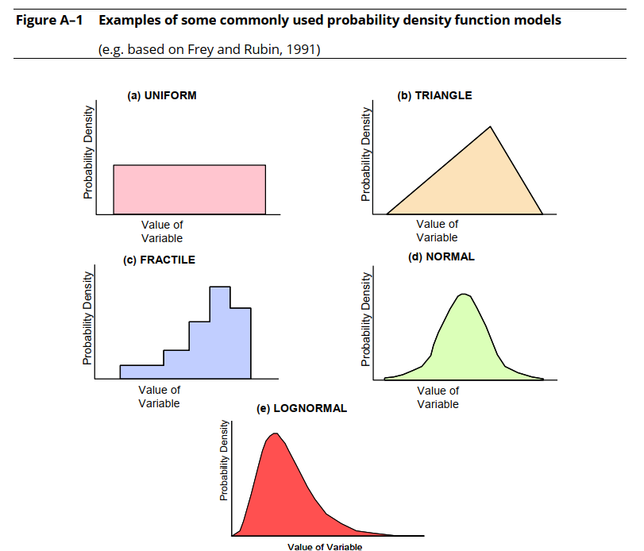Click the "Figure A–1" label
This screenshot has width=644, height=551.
point(49,20)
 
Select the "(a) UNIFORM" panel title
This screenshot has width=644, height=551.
point(162,95)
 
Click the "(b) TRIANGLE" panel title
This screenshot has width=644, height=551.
point(434,95)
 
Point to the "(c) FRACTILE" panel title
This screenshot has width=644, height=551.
point(159,260)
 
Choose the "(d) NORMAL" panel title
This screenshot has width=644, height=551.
point(441,257)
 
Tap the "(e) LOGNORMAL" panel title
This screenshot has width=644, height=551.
point(302,409)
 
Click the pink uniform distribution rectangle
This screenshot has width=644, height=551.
point(189,190)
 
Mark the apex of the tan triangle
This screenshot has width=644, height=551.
point(490,126)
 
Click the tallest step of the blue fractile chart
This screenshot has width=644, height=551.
point(220,333)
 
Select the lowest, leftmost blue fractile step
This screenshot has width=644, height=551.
point(141,372)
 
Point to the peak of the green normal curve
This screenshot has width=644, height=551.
point(464,294)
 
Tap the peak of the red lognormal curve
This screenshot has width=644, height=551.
point(276,433)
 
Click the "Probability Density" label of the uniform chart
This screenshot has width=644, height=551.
point(88,152)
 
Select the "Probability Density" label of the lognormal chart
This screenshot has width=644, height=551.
point(224,460)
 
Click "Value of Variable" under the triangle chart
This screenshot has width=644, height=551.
point(437,231)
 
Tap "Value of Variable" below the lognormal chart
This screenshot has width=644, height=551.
point(325,546)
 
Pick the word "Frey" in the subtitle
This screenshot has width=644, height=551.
point(200,49)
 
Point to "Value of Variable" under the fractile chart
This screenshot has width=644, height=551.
point(160,397)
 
